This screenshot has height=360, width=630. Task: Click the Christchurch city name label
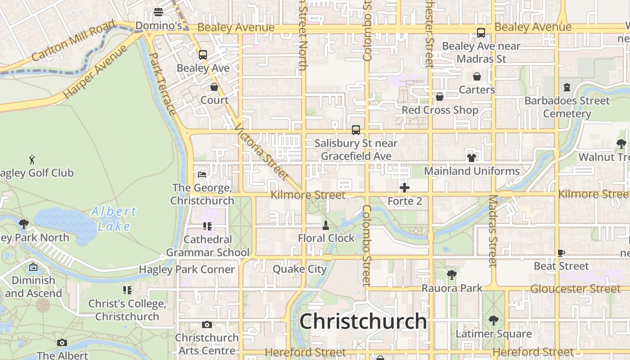(363, 321)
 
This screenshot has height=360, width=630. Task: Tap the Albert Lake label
(113, 219)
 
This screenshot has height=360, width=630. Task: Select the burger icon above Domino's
(158, 12)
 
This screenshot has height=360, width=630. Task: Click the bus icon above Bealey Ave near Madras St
(481, 33)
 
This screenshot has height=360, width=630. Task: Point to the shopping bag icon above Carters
(477, 76)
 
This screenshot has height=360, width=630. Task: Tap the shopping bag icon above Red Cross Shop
(440, 97)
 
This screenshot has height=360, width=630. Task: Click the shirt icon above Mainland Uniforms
(471, 157)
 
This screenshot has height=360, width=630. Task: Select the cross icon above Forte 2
(405, 188)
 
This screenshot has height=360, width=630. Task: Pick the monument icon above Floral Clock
(326, 225)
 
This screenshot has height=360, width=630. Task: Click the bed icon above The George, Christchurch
(202, 174)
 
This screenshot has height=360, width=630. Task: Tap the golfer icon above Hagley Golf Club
(32, 160)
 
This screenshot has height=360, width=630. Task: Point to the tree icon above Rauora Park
(451, 274)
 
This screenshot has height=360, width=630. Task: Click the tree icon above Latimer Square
(493, 320)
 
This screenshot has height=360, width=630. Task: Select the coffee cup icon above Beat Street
(561, 253)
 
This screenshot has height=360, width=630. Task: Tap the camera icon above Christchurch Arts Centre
(207, 324)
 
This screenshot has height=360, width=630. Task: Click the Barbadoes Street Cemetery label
(567, 107)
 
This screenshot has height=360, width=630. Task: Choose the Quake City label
(300, 269)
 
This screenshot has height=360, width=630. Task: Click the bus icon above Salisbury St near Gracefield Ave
(356, 130)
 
